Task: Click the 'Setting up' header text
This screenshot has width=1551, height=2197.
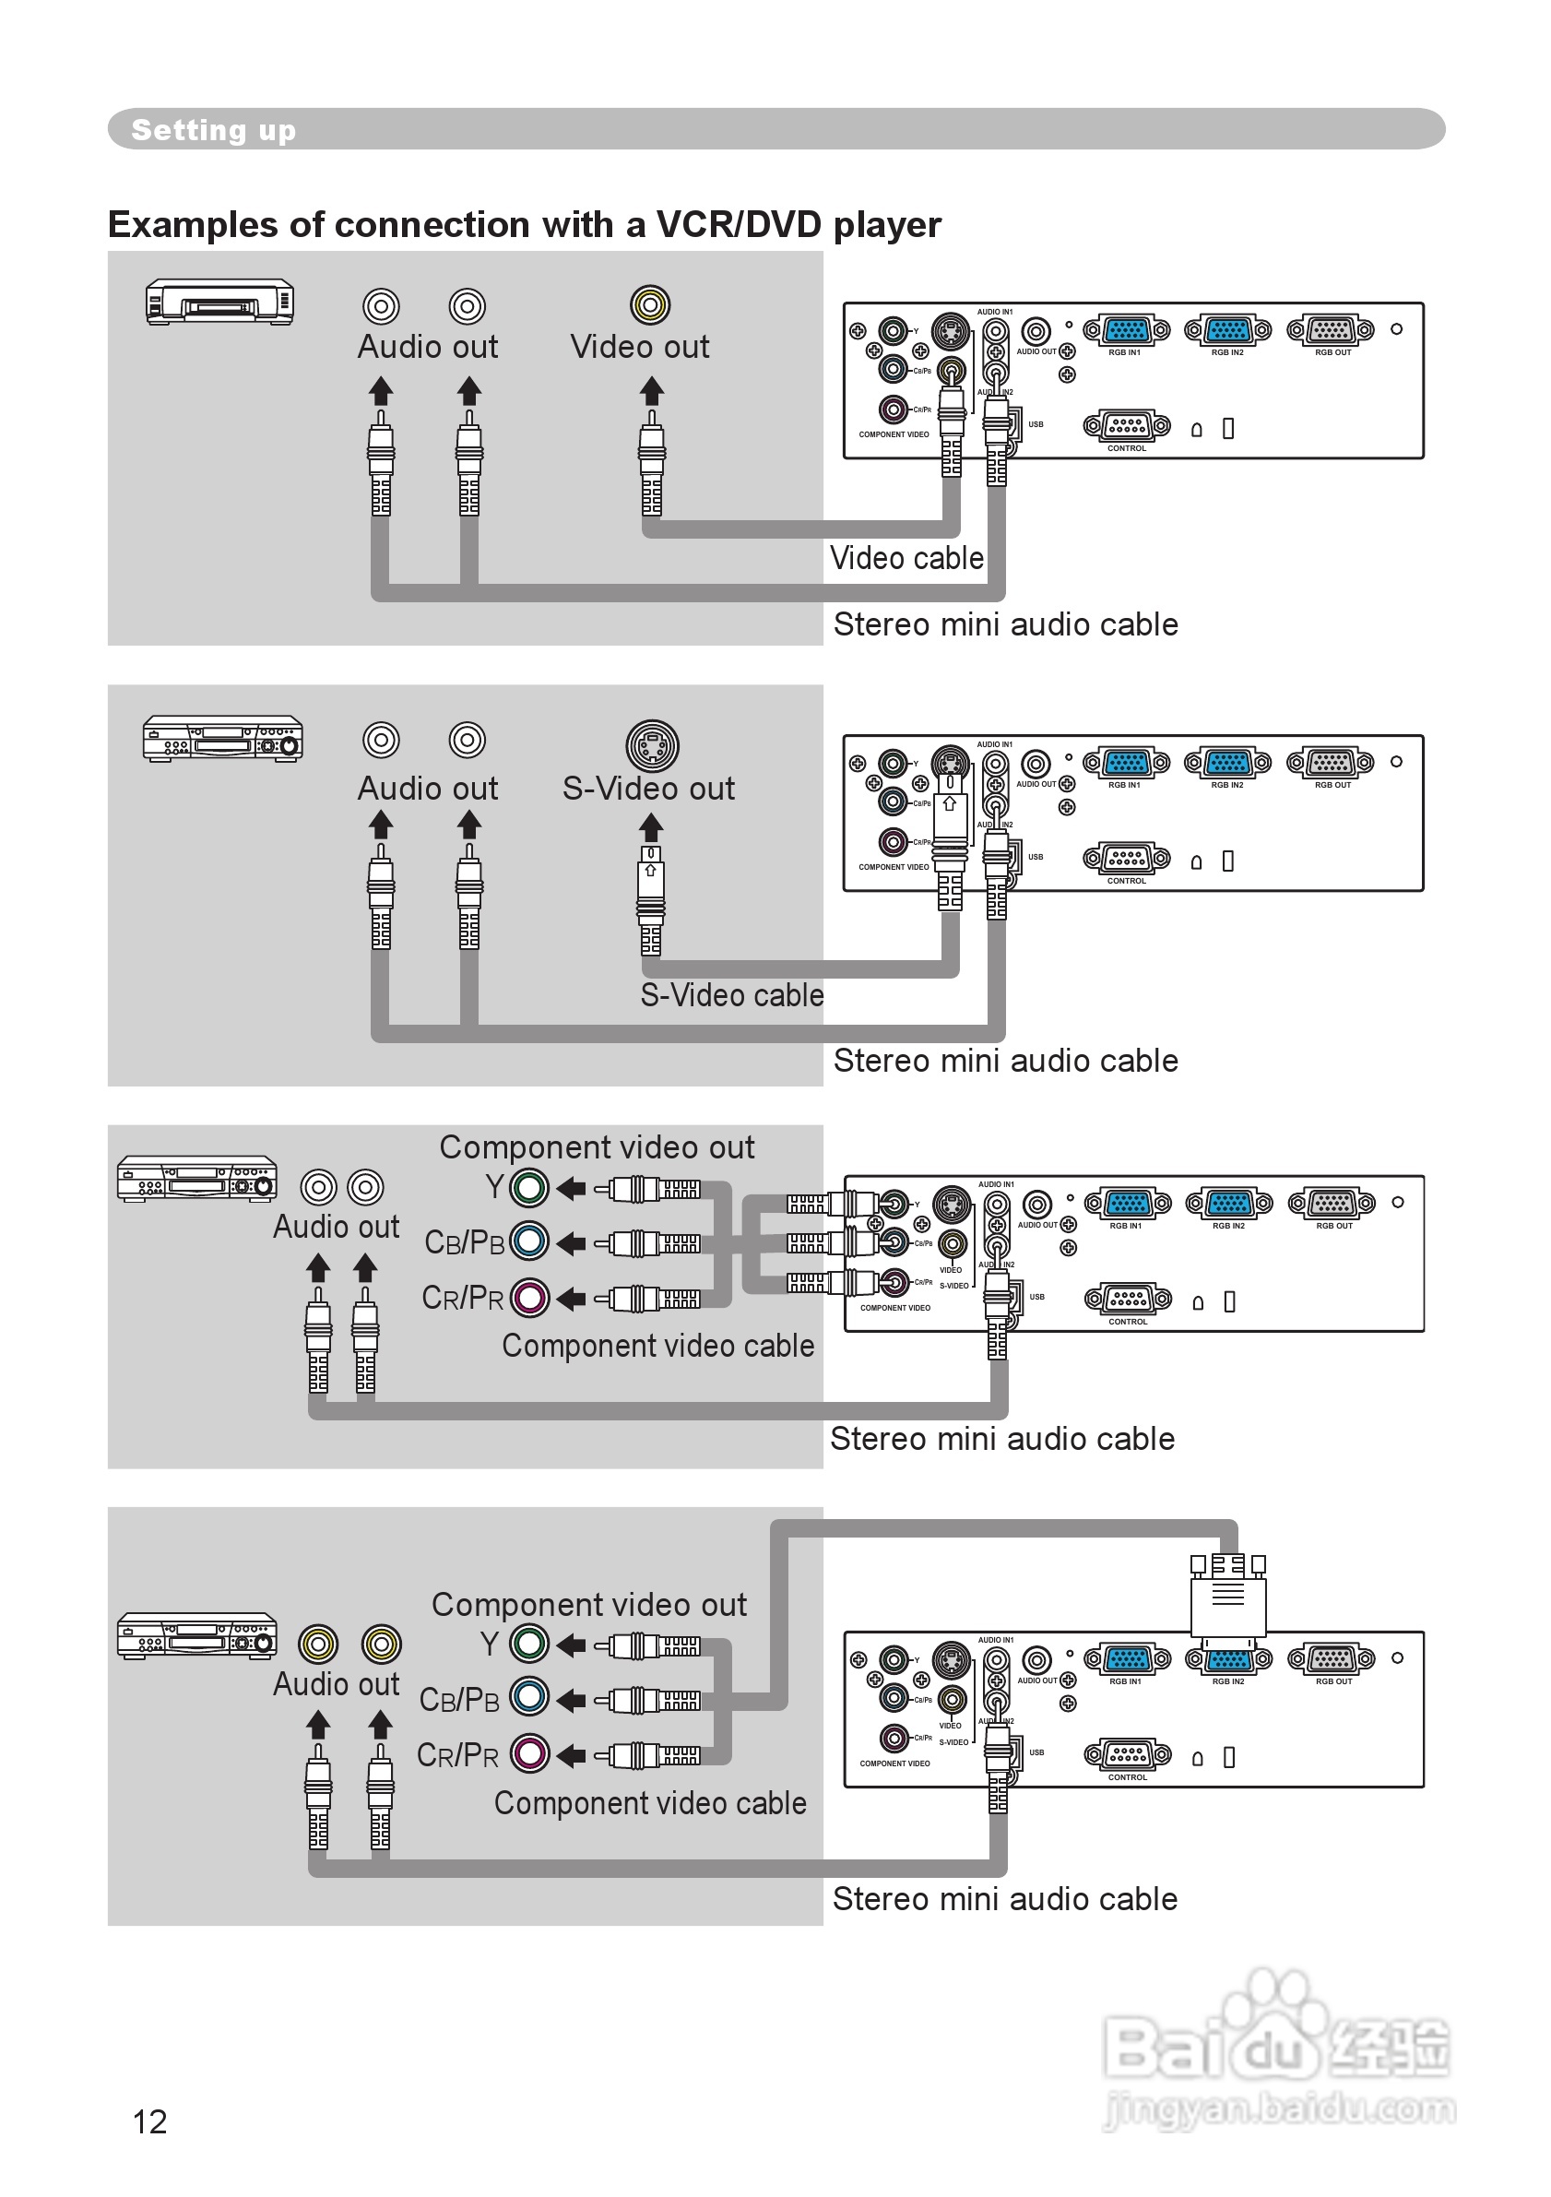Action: tap(213, 129)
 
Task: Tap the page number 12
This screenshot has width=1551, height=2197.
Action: tap(149, 2121)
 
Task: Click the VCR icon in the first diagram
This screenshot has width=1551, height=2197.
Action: tap(219, 303)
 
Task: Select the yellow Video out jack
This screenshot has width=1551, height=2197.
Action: tap(650, 305)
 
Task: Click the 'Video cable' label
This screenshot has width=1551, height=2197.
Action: tap(906, 558)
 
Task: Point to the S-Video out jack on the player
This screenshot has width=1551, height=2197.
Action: tap(653, 745)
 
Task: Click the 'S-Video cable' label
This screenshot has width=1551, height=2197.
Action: tap(732, 995)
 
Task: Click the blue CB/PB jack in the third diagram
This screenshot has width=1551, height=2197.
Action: tap(529, 1242)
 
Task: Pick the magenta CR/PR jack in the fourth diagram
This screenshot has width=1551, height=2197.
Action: tap(529, 1754)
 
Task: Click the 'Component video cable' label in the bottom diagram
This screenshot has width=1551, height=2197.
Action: tap(650, 1803)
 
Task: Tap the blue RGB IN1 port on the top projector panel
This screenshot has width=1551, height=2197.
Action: tap(1126, 331)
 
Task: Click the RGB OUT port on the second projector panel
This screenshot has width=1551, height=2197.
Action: tap(1331, 763)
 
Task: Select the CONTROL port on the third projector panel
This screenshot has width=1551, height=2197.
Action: tap(1128, 1299)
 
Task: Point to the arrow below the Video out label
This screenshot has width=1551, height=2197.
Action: tap(652, 389)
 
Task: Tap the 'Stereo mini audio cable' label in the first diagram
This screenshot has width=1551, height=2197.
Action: tap(1005, 623)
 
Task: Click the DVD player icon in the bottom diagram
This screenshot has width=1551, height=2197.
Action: tap(197, 1635)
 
